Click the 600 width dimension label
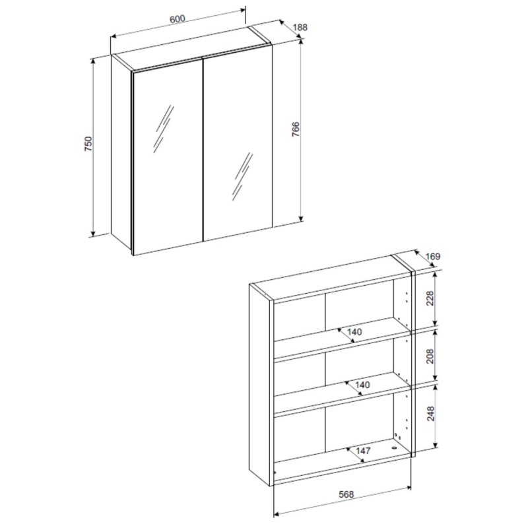tap(178, 19)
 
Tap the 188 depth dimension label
tap(300, 27)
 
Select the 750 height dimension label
tap(88, 143)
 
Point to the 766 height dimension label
tap(295, 129)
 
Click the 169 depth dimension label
tap(433, 257)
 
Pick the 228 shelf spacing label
tap(430, 298)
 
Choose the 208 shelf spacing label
tap(430, 356)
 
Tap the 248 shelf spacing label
tap(431, 414)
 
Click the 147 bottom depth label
tap(363, 451)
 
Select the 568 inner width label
tap(346, 494)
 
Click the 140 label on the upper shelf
tap(354, 332)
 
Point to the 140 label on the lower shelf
tap(362, 385)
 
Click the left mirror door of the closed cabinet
tap(168, 158)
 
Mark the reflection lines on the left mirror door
tap(164, 129)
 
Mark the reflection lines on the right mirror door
tap(242, 176)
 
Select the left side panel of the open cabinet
tap(260, 384)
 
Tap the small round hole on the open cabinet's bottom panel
tap(394, 448)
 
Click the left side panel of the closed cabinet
tap(121, 152)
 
